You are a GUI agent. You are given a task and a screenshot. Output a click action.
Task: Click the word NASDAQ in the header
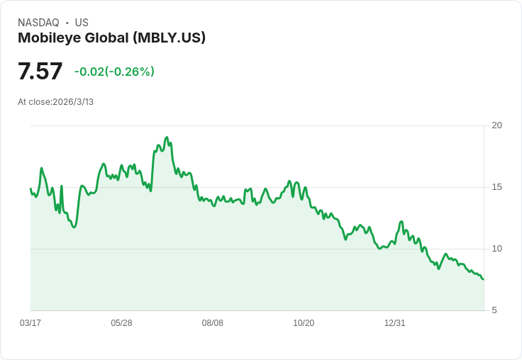pos(38,23)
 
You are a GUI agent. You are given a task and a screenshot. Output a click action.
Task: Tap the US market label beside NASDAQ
pos(82,23)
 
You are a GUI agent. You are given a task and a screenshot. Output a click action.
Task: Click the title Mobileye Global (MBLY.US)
pos(111,38)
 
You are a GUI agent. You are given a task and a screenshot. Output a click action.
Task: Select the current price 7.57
pos(40,72)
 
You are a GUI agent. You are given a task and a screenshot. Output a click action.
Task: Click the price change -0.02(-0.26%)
pos(114,72)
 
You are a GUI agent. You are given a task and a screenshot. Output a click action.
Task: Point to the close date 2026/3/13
pos(73,102)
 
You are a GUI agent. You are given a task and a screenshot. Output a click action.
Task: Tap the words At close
pos(34,102)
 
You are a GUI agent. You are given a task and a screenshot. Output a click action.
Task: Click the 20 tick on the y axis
pos(496,125)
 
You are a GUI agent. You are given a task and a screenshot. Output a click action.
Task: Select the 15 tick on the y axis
pos(496,187)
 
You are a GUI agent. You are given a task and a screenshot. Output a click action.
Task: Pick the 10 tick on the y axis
pos(496,249)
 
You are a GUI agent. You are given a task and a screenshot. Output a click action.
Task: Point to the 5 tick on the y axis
pos(494,310)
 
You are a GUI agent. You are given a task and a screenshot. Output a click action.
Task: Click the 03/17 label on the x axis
pos(30,323)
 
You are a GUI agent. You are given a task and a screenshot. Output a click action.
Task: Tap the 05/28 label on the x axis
pos(121,323)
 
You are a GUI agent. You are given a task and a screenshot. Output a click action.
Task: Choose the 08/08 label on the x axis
pos(213,323)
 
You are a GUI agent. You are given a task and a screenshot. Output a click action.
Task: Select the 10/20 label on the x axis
pos(304,323)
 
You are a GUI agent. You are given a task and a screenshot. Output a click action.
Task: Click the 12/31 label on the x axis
pos(395,323)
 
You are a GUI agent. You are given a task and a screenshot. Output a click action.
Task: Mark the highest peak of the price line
pos(167,137)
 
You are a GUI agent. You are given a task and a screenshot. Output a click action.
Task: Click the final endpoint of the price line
pos(484,279)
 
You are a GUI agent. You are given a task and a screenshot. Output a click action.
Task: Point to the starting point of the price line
pos(30,189)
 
